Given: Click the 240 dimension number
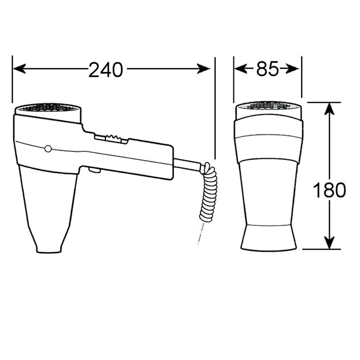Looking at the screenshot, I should (x=106, y=69).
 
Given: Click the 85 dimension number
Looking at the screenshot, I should (x=267, y=69).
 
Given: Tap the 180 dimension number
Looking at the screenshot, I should (x=329, y=191).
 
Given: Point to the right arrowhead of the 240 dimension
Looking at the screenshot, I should (x=205, y=69).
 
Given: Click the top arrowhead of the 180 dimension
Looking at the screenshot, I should (x=330, y=108).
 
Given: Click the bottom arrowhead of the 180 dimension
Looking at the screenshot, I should (x=330, y=243).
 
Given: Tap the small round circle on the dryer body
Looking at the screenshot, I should (x=48, y=148).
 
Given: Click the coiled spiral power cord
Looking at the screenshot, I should (x=209, y=193).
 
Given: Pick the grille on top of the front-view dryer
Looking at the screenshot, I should (x=268, y=106).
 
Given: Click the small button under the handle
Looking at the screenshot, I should (x=94, y=170).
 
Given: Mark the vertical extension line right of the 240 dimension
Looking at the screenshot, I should (x=215, y=108).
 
